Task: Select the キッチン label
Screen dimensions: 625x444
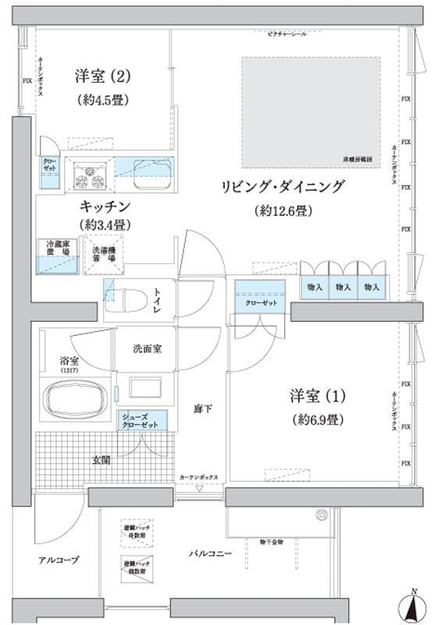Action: (104, 206)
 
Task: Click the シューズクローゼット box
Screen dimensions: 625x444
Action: (140, 420)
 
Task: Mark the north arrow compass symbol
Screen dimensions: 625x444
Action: (414, 605)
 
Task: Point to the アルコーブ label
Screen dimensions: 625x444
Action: (59, 560)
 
